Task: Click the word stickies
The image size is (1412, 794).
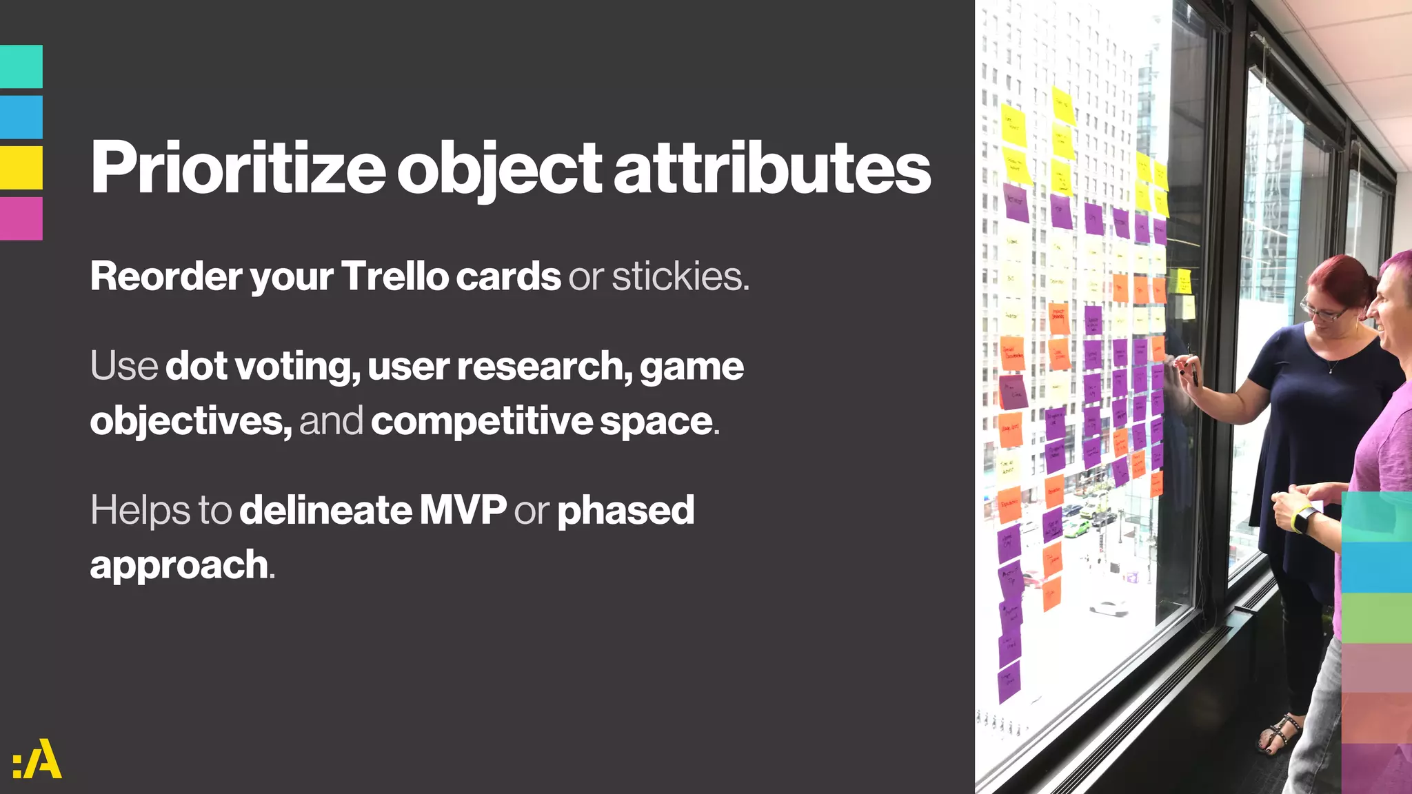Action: [x=679, y=276]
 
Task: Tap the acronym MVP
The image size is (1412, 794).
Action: [x=463, y=510]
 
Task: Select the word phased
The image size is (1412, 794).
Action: [x=625, y=510]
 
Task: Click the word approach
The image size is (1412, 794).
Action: [x=179, y=565]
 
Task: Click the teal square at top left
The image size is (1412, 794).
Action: [x=21, y=66]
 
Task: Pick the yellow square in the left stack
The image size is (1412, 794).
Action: [x=21, y=167]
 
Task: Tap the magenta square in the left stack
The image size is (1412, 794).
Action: [x=21, y=218]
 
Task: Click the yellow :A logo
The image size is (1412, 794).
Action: [x=37, y=759]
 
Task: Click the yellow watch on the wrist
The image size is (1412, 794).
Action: [x=1302, y=520]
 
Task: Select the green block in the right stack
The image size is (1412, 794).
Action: [x=1376, y=618]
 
